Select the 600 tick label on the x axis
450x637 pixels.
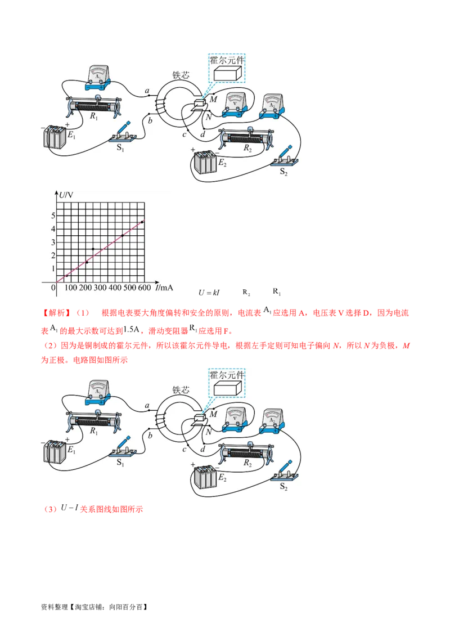pos(144,288)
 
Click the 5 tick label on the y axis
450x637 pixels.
pos(53,216)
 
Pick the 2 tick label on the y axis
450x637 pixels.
pos(53,255)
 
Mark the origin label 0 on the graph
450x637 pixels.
pos(53,288)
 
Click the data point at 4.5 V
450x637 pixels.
pos(142,222)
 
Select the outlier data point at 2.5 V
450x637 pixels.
pos(93,249)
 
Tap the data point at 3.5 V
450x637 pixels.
pos(123,235)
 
